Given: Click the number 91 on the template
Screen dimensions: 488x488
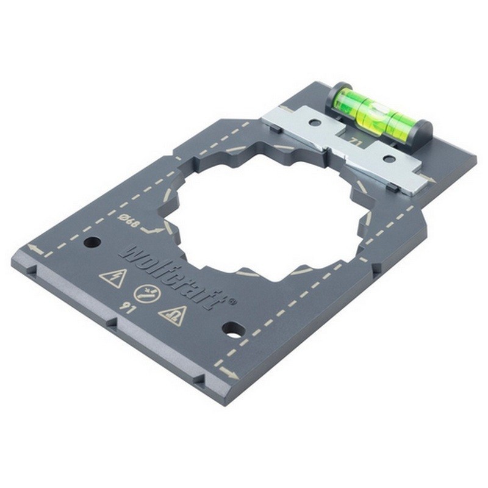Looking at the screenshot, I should pyautogui.click(x=127, y=307).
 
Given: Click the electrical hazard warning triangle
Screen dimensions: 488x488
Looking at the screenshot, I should pyautogui.click(x=113, y=278).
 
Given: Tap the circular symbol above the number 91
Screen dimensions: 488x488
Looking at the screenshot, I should pyautogui.click(x=145, y=293).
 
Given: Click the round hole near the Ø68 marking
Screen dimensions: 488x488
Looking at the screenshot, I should pyautogui.click(x=92, y=242).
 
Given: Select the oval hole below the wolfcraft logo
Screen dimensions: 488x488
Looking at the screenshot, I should pyautogui.click(x=234, y=330).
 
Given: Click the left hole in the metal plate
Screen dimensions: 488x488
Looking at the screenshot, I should pyautogui.click(x=315, y=123).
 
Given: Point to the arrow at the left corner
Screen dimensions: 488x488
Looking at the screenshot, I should pyautogui.click(x=35, y=249).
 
